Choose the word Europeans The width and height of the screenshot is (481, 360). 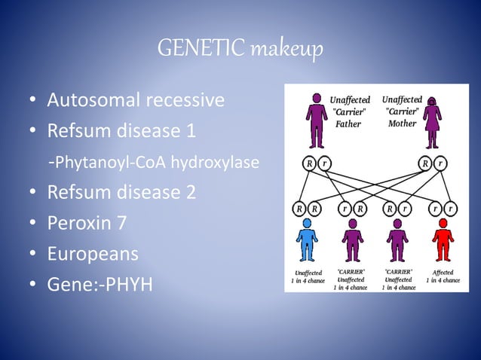[x=93, y=254]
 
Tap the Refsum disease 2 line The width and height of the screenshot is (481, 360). [x=121, y=192]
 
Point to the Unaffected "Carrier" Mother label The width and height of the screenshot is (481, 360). [x=402, y=111]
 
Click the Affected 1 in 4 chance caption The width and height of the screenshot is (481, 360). [x=443, y=276]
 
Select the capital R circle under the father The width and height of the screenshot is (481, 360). [x=309, y=162]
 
